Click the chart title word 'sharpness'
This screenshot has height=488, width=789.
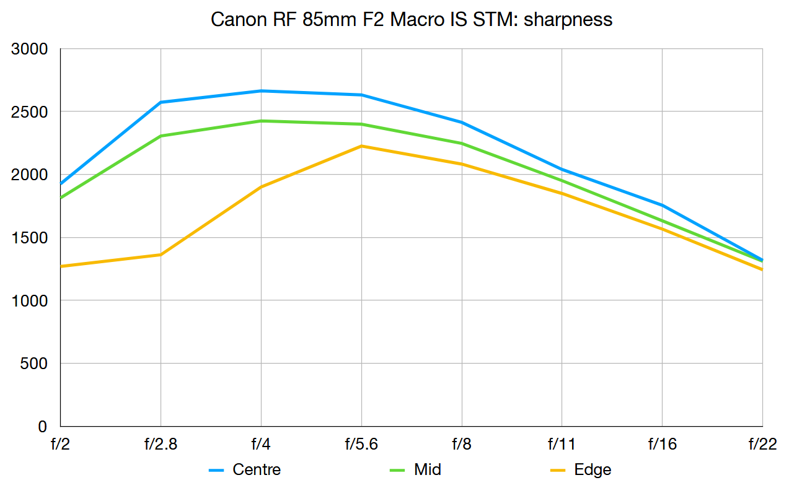coord(568,19)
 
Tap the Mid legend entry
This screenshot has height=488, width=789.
coord(428,469)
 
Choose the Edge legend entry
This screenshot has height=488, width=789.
coord(593,469)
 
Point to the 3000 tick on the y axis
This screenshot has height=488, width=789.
coord(30,49)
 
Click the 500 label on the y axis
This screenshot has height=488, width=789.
coord(35,364)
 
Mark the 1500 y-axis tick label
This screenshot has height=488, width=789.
coord(30,238)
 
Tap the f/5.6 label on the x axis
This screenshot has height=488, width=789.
coord(361,444)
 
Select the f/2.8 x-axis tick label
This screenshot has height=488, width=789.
coord(161,444)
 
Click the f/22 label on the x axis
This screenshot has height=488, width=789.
coord(762,444)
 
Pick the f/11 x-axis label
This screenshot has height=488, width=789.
coord(562,444)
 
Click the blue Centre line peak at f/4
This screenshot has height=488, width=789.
coord(261,91)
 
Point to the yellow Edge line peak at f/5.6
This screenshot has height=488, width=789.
coord(361,146)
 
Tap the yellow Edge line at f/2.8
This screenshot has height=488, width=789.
coord(161,255)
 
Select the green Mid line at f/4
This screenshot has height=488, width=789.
coord(261,121)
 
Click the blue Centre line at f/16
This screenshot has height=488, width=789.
coord(662,205)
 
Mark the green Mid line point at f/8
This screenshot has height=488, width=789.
coord(462,143)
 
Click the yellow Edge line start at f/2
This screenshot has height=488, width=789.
coord(61,266)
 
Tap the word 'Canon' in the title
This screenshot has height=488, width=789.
coord(236,19)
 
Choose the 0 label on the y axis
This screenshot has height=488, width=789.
coord(43,427)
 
